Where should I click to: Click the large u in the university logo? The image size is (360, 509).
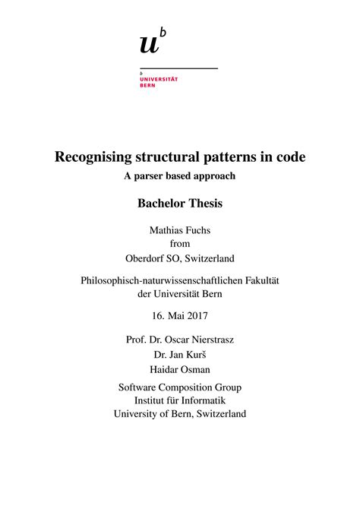click(149, 45)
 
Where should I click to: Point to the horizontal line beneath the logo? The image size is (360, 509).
click(178, 68)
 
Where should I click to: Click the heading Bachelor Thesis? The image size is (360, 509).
click(180, 203)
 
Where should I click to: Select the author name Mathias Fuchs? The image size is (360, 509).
click(180, 229)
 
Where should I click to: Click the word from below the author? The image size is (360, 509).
click(180, 243)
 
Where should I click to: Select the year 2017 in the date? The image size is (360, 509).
click(197, 315)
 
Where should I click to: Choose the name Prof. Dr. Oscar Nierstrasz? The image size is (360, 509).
click(180, 339)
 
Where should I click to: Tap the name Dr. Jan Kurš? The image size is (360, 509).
click(180, 354)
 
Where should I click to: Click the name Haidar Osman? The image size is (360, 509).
click(180, 368)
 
